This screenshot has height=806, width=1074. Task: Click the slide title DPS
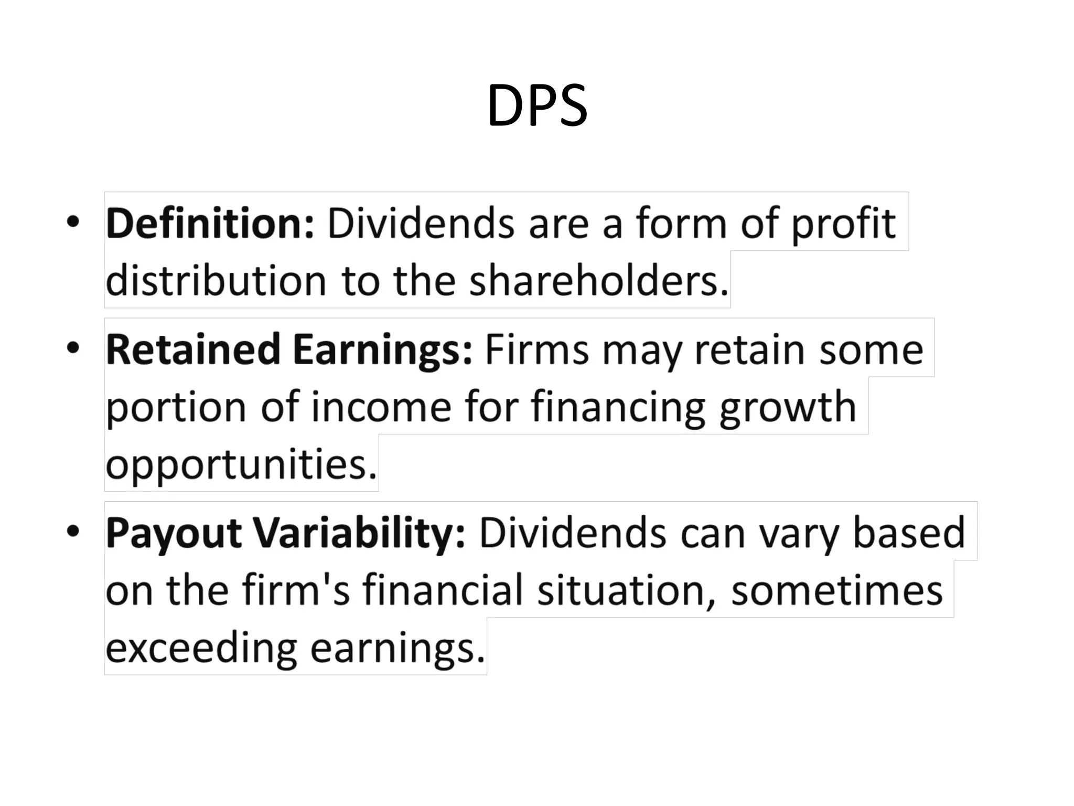pyautogui.click(x=537, y=106)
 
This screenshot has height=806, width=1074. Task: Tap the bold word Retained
pyautogui.click(x=193, y=350)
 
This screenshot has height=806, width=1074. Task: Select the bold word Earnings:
pyautogui.click(x=382, y=350)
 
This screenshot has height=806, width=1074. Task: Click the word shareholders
pyautogui.click(x=598, y=281)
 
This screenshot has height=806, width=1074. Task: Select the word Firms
pyautogui.click(x=536, y=350)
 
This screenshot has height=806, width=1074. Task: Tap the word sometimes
pyautogui.click(x=837, y=591)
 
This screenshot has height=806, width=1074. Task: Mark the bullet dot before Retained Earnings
pyautogui.click(x=73, y=348)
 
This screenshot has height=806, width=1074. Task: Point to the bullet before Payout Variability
pyautogui.click(x=73, y=531)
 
